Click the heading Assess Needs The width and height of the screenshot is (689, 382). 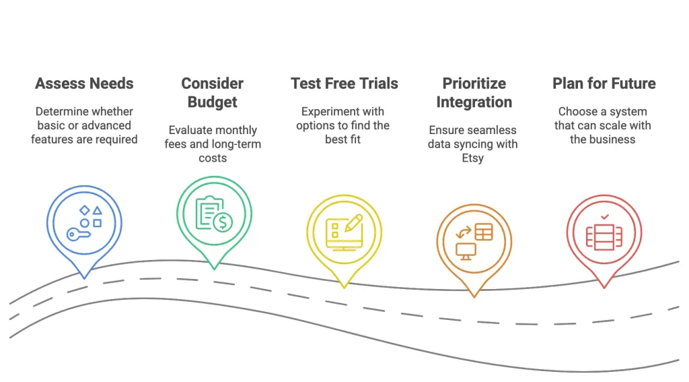84,84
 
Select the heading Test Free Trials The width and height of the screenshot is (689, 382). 344,84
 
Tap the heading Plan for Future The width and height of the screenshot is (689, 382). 604,84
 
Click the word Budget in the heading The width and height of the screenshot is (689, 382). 213,102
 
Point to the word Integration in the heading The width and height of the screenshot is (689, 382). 474,102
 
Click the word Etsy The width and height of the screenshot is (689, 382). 474,158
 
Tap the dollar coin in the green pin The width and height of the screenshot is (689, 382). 223,221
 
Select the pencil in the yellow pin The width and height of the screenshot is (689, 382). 353,222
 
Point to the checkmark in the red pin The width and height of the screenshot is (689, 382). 604,217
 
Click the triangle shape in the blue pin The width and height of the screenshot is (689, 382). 98,210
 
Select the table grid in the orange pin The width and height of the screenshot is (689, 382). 484,232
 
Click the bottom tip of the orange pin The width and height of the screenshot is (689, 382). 474,295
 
